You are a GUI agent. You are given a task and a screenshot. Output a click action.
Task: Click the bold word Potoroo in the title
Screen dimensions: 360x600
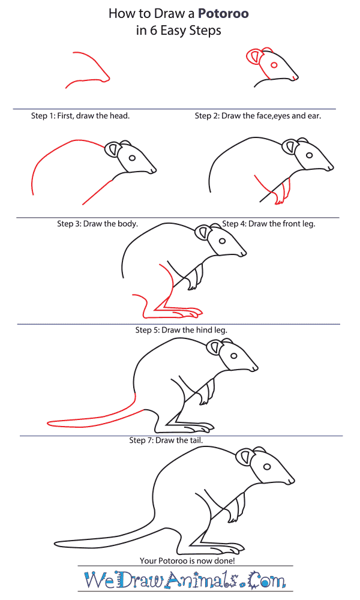click(223, 14)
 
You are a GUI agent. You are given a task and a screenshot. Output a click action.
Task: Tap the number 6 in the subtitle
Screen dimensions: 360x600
click(154, 31)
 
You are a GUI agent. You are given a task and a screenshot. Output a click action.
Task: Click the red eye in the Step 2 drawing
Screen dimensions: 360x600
click(274, 65)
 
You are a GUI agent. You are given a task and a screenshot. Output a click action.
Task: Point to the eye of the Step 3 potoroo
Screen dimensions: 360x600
click(133, 158)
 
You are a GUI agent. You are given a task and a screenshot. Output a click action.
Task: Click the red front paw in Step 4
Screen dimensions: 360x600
click(281, 193)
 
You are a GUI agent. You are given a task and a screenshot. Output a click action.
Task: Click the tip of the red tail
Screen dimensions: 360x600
click(48, 423)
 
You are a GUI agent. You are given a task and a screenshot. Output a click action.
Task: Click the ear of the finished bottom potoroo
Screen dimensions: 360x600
click(245, 458)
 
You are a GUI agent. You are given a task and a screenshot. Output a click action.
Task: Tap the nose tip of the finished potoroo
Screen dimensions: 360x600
click(293, 480)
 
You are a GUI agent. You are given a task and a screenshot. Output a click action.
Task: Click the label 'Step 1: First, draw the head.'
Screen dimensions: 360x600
click(80, 116)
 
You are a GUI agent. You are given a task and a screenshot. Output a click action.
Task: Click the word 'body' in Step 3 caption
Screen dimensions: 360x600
click(127, 224)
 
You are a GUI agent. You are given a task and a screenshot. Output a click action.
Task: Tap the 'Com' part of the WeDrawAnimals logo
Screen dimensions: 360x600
click(267, 580)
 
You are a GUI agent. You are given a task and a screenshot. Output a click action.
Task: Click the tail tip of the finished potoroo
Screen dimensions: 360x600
click(55, 543)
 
